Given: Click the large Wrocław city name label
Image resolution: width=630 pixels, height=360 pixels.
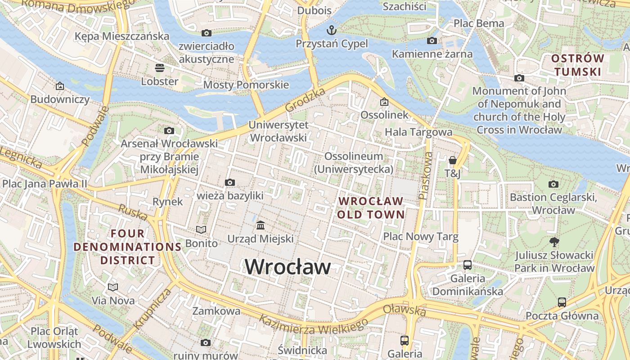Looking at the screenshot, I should (288, 267).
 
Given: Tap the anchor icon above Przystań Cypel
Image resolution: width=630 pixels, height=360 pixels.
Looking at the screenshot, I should (331, 31).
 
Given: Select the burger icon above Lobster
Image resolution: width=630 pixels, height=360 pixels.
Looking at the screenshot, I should (159, 68).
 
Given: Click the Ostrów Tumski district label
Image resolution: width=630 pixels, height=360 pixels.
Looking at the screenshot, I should (577, 65).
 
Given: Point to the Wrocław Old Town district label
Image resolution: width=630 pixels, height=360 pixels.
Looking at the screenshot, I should (371, 207).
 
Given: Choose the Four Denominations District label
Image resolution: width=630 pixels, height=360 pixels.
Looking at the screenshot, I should (128, 247).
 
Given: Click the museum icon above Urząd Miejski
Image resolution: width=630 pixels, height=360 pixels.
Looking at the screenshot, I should (260, 225).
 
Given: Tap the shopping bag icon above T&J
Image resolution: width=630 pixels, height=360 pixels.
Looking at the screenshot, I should (452, 160).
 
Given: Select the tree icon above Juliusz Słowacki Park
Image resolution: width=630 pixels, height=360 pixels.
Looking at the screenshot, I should (554, 242).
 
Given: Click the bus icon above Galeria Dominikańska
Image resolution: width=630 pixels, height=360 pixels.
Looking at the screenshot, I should (468, 265).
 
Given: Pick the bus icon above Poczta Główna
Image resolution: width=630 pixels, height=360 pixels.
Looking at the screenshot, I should (562, 302).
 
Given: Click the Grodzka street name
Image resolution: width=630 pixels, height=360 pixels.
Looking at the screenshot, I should (305, 100).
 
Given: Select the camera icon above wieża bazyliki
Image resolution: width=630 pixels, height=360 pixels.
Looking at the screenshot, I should (230, 182).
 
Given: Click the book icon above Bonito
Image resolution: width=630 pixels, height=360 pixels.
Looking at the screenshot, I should (201, 230).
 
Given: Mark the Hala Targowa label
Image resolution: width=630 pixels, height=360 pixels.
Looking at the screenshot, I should (418, 132).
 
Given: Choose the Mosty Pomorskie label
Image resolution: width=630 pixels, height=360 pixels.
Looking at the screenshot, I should (246, 85).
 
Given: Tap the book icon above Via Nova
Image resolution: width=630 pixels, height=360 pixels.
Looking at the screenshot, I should (112, 287).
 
